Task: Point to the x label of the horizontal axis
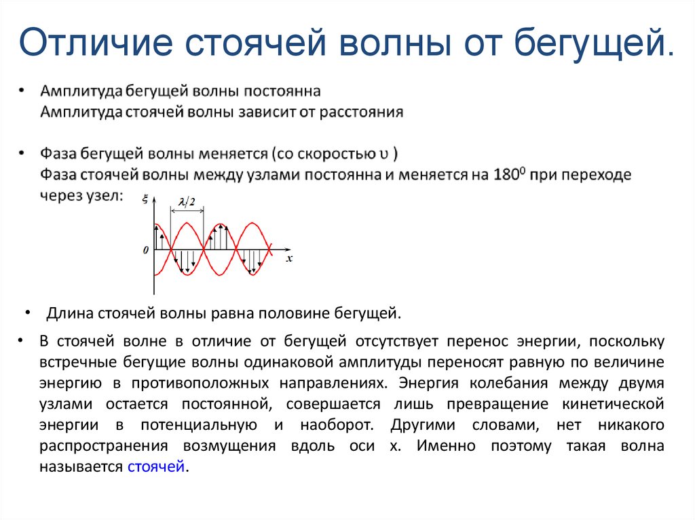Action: (288, 258)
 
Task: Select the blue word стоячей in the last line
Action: (156, 466)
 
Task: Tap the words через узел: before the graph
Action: (82, 195)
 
